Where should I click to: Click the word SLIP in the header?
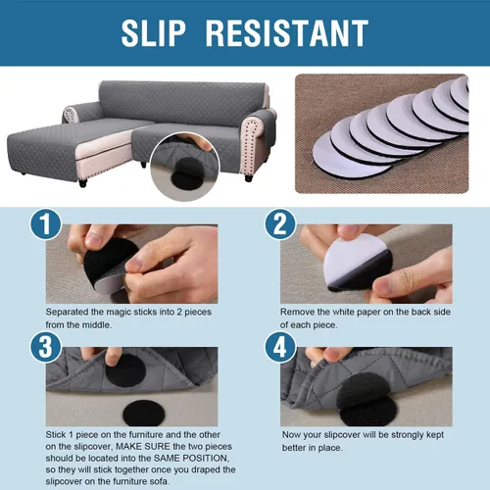coord(154,33)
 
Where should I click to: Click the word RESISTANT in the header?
coord(287,33)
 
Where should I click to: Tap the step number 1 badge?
coord(46,224)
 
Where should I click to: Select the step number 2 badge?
coord(280,224)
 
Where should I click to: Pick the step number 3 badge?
coord(46,347)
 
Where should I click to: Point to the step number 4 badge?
coord(280,347)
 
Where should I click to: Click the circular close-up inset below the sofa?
coord(185,167)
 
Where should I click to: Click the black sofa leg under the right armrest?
coord(249,178)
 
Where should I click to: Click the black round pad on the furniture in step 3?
coord(144,414)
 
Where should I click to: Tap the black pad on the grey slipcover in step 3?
coord(125,370)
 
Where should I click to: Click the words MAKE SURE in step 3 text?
coord(143,447)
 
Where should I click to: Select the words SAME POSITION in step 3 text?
coord(190,459)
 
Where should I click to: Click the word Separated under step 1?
coord(67,313)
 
